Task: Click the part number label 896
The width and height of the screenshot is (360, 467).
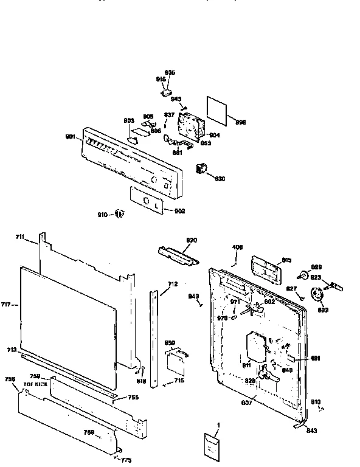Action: click(240, 122)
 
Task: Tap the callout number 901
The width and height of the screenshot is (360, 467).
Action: click(71, 137)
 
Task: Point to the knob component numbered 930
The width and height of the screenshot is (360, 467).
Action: click(200, 170)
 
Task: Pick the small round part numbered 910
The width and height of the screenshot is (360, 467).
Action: click(119, 214)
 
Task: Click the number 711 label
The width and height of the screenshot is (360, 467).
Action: click(21, 237)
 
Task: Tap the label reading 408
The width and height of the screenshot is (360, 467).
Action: click(238, 247)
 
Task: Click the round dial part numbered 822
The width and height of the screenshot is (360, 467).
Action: click(316, 296)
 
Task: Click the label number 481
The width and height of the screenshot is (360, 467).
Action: click(316, 358)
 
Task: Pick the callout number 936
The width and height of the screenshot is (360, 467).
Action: click(170, 72)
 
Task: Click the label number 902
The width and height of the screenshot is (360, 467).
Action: click(179, 211)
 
